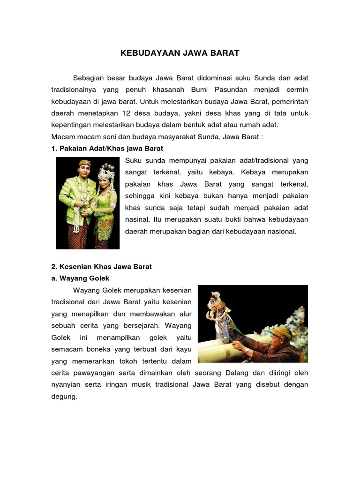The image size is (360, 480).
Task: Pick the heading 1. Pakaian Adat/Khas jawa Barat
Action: point(107,149)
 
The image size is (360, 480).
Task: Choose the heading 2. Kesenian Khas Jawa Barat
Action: point(101,267)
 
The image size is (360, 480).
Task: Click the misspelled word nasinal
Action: point(137,219)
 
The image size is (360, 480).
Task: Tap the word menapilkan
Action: point(90,314)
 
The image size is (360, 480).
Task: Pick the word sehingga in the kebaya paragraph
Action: point(140,196)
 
